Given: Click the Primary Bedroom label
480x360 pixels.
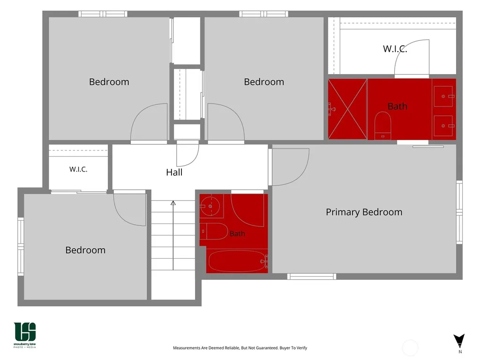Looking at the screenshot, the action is tap(364, 212).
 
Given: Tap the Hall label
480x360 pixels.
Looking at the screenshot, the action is tap(174, 172).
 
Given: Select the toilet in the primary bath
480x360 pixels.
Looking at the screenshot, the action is tap(382, 126).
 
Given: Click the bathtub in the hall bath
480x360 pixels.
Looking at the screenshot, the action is tap(237, 261).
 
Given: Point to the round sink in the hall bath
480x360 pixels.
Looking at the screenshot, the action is tap(210, 206).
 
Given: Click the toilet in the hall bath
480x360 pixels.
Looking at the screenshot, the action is tap(214, 232).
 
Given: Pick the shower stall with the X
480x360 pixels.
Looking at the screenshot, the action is tap(347, 109).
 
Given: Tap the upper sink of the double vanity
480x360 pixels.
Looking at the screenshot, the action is tap(443, 97).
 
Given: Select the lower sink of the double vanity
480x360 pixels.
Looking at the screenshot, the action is tap(443, 126).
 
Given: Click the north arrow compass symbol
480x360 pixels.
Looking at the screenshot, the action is tap(459, 341).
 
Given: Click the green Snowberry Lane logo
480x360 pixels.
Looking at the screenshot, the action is tap(25, 335).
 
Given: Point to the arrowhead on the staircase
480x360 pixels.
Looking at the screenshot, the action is tap(173, 202).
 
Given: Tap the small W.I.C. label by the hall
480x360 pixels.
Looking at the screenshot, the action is tap(78, 169).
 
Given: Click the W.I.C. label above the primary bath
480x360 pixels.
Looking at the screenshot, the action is tap(395, 49).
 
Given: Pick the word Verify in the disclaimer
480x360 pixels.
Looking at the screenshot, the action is tap(301, 348).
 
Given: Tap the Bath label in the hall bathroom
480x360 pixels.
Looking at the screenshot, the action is tap(237, 233).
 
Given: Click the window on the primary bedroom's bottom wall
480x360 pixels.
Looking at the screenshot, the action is tap(312, 277).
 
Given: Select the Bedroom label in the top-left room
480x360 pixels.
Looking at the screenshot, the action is tap(109, 82).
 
